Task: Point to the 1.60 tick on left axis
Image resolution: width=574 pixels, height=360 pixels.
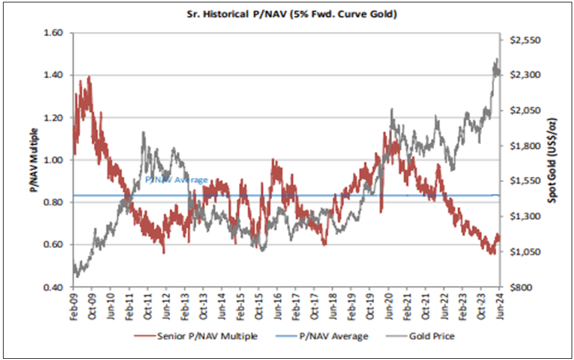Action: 55,33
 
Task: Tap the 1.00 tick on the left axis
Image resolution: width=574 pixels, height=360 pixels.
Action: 55,160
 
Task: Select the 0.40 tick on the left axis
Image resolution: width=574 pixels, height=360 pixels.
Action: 55,287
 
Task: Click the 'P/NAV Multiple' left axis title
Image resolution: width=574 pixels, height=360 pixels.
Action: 35,160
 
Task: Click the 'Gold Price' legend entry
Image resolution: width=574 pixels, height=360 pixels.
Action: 431,336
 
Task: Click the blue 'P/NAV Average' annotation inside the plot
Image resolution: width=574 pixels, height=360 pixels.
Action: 177,180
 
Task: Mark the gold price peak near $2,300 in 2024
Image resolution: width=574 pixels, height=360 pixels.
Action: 496,60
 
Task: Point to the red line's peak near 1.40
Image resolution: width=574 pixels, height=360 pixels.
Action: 89,77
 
